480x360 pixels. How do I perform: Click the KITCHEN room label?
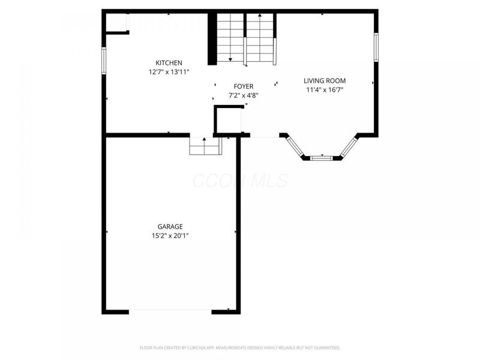tap(169, 63)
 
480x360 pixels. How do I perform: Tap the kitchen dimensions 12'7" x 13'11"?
tap(169, 72)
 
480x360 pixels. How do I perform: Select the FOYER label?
tap(243, 86)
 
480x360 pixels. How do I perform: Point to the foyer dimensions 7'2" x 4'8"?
tap(243, 95)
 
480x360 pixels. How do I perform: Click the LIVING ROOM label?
tap(324, 80)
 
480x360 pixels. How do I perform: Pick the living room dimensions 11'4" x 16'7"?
tap(324, 89)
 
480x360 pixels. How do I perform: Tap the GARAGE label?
tap(170, 227)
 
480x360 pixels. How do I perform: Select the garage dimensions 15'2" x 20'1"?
tap(170, 236)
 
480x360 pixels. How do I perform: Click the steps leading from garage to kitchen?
tap(205, 146)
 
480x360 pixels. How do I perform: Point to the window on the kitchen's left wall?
tap(104, 61)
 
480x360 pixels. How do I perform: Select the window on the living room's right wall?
tap(377, 47)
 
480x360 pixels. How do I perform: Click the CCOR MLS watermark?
tap(239, 181)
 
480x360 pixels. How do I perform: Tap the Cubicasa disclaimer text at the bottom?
tap(239, 347)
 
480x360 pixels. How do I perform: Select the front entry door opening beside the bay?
tap(264, 137)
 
